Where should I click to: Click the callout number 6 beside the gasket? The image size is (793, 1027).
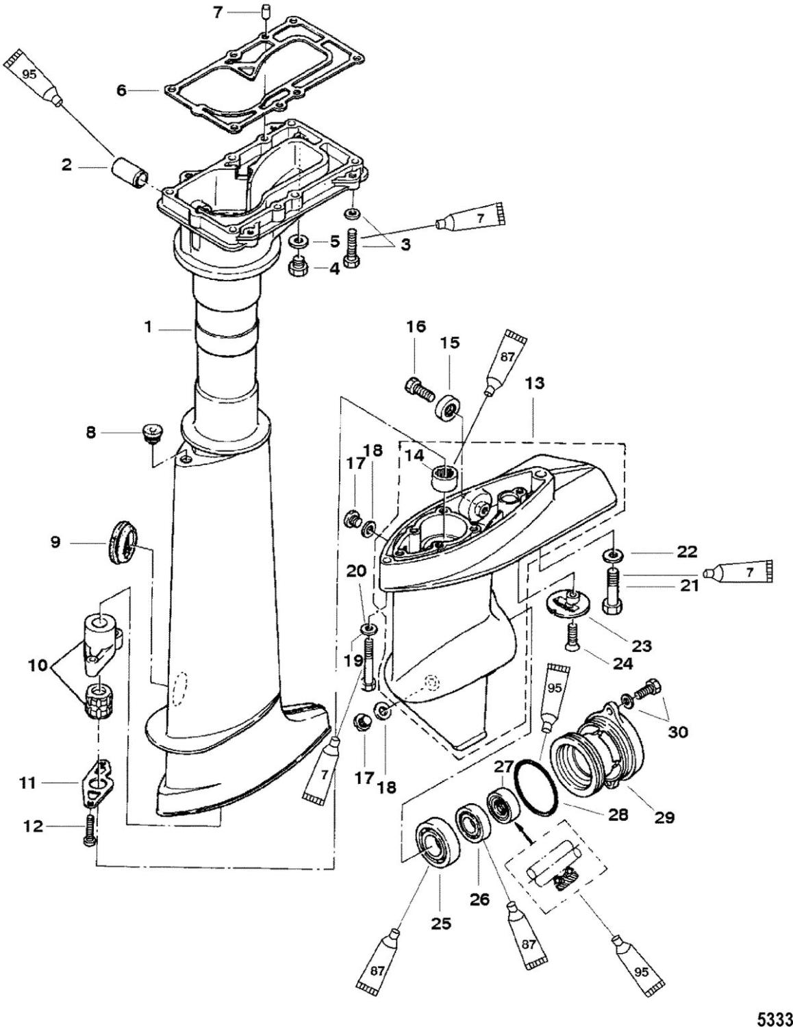(121, 90)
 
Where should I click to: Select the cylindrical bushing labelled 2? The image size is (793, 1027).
(129, 173)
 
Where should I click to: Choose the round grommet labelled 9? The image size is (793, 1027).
(123, 542)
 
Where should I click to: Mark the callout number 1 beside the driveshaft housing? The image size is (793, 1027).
(149, 327)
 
